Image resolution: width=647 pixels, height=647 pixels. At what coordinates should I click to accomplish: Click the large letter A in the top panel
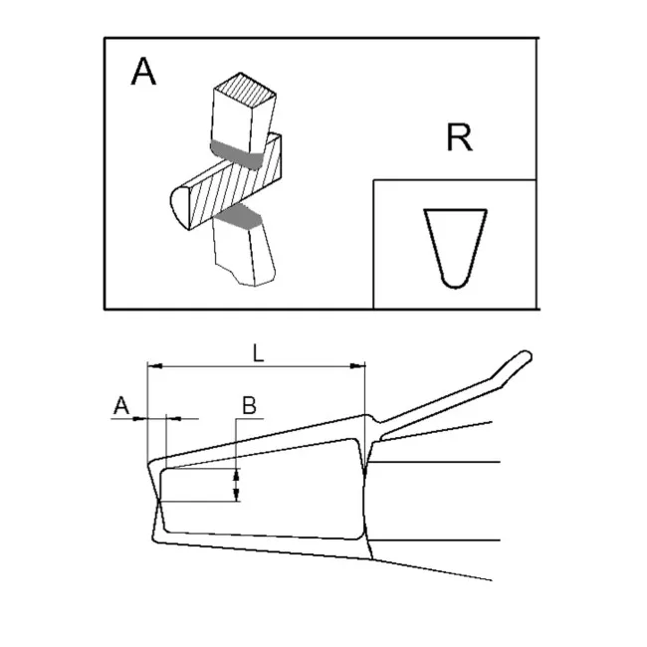(x=144, y=73)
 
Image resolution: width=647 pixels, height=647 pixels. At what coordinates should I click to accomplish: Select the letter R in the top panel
(x=459, y=138)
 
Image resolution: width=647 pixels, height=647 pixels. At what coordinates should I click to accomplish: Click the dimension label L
(x=258, y=351)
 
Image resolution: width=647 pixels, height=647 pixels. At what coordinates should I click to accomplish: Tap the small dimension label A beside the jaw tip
(x=120, y=404)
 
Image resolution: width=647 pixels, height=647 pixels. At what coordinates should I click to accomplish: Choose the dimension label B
(x=250, y=404)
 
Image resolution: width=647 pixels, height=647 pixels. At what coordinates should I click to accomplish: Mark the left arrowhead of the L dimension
(x=152, y=367)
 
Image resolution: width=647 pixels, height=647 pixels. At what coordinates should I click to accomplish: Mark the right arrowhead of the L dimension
(x=359, y=367)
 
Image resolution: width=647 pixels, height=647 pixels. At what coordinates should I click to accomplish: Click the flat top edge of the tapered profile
(x=455, y=210)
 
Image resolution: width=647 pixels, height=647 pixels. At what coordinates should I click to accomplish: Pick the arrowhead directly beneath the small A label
(x=140, y=419)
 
